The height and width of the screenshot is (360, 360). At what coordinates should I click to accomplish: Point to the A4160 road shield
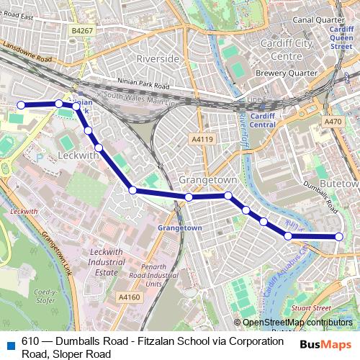[129, 296]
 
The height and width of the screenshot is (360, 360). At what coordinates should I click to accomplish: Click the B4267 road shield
[83, 31]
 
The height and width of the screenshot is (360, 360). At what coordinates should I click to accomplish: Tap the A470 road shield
[333, 122]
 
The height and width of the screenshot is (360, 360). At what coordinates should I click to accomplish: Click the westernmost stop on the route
[21, 105]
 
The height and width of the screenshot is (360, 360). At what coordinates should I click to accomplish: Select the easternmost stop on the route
[339, 236]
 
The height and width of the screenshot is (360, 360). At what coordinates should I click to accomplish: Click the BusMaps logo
[325, 345]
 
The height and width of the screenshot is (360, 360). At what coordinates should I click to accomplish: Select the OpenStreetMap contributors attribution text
[297, 323]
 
